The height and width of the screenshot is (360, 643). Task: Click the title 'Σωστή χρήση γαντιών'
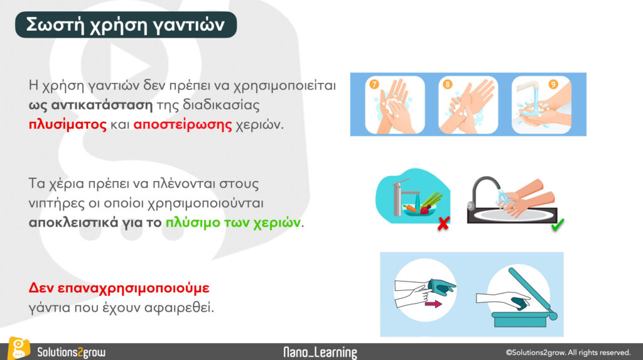(126, 25)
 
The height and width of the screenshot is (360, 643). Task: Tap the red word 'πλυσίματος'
(68, 124)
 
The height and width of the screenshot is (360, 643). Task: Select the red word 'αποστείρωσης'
(183, 124)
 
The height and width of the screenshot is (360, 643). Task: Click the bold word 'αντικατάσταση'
(102, 105)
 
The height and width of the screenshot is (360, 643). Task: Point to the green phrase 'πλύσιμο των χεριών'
(233, 222)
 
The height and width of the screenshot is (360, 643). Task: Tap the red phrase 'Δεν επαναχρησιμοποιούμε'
(119, 288)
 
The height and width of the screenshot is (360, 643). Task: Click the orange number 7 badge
(374, 85)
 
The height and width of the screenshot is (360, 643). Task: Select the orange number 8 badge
(447, 85)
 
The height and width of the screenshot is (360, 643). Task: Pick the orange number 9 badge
(553, 85)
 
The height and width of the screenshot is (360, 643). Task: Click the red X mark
(443, 223)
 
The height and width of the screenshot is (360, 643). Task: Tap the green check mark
(558, 224)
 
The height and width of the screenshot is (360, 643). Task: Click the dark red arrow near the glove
(433, 304)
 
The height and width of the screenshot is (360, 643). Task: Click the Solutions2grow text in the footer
(72, 352)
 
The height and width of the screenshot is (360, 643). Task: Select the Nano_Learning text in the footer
(320, 352)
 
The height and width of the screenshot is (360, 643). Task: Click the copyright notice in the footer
(568, 352)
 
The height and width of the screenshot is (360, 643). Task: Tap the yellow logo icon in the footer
(19, 348)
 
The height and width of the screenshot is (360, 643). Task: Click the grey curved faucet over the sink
(482, 191)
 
